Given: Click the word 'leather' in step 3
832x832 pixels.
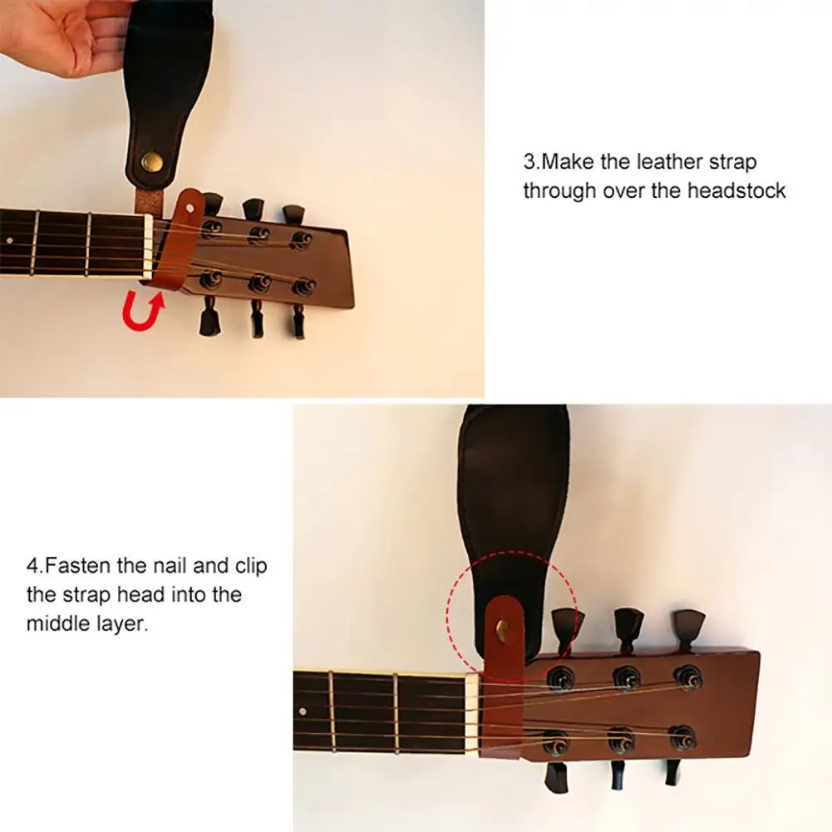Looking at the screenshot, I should click(x=668, y=161).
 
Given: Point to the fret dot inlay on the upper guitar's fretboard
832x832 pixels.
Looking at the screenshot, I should click(x=9, y=241).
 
